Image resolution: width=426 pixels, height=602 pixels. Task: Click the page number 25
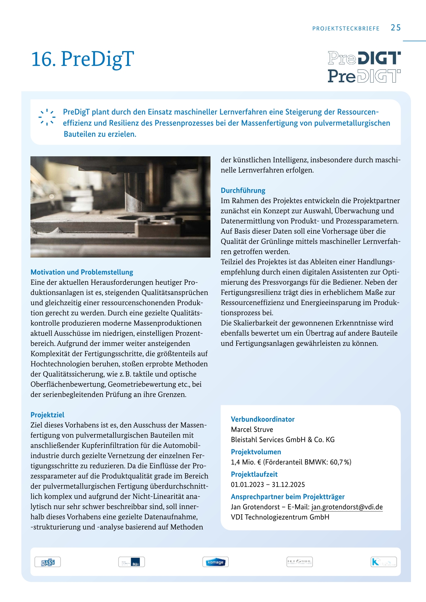click(396, 28)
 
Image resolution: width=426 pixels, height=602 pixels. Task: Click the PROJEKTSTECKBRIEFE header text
click(346, 29)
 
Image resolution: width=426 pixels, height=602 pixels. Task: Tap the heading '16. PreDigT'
click(83, 59)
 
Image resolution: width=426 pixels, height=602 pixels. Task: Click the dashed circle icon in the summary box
click(47, 117)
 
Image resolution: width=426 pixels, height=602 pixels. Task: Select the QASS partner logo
click(48, 562)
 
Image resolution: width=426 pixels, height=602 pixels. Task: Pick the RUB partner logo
click(131, 562)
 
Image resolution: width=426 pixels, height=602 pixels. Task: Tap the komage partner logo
click(215, 562)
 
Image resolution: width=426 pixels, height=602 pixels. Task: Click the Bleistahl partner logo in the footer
click(299, 562)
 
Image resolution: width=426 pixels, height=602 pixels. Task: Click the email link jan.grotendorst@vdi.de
click(347, 507)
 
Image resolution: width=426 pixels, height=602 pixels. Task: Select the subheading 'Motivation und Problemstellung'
click(82, 272)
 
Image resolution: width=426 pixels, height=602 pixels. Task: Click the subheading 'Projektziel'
click(47, 415)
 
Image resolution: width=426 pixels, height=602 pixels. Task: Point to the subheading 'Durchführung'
click(243, 190)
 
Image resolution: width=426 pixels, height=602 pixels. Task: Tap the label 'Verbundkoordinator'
click(262, 419)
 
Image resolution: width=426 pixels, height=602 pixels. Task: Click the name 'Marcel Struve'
click(252, 429)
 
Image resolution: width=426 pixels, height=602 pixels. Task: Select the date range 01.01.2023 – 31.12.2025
click(268, 485)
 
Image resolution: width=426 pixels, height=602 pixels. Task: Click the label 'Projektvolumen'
click(256, 452)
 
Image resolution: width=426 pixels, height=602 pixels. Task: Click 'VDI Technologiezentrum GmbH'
click(280, 517)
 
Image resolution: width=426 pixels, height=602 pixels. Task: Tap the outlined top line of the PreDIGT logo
click(364, 58)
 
